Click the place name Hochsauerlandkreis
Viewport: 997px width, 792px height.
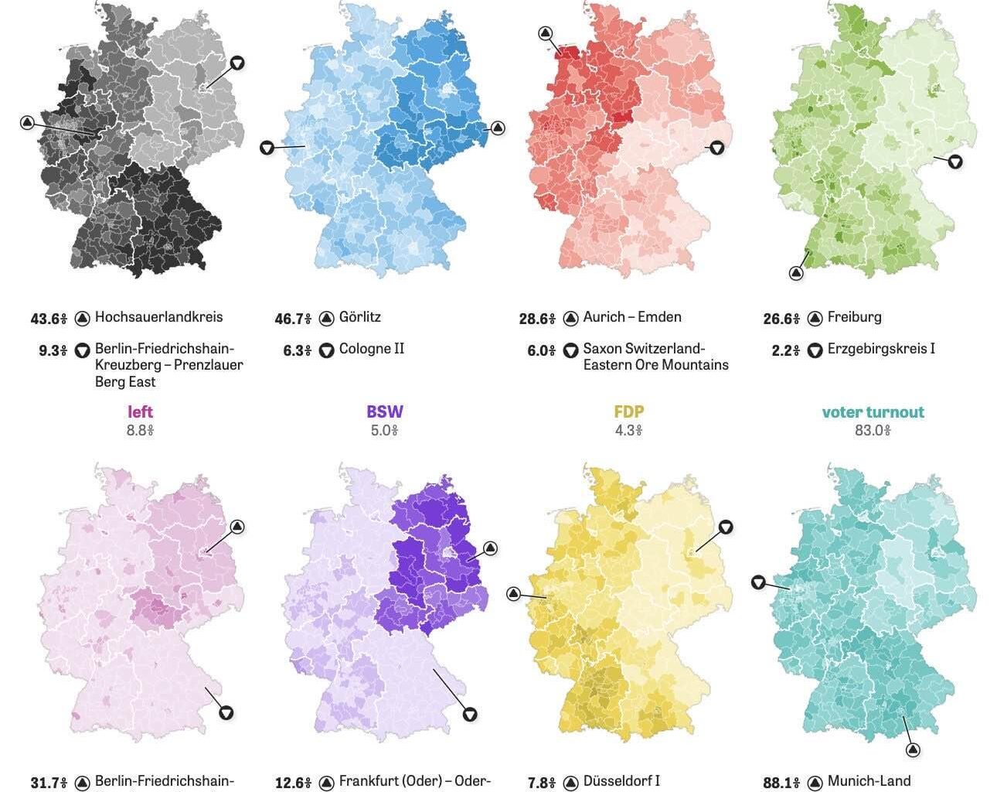pyautogui.click(x=158, y=317)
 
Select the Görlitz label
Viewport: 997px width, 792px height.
pyautogui.click(x=359, y=317)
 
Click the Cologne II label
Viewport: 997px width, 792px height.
pyautogui.click(x=371, y=349)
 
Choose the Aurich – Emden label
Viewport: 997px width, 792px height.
pyautogui.click(x=631, y=317)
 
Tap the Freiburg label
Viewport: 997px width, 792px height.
pyautogui.click(x=854, y=317)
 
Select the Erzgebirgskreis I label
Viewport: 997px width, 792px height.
pyautogui.click(x=881, y=349)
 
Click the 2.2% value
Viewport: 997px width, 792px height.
pyautogui.click(x=785, y=350)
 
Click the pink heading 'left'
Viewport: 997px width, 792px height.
pyautogui.click(x=140, y=412)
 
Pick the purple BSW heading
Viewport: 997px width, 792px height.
pyautogui.click(x=384, y=412)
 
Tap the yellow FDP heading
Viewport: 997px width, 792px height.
pyautogui.click(x=628, y=412)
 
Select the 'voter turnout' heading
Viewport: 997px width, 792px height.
pyautogui.click(x=873, y=412)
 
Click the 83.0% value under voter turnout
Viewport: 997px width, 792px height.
pyautogui.click(x=873, y=430)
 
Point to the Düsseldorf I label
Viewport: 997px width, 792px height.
pyautogui.click(x=621, y=781)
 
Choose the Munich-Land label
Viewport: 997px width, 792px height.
pyautogui.click(x=869, y=781)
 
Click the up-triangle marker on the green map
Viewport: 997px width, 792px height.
pyautogui.click(x=796, y=272)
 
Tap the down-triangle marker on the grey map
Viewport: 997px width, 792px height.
pyautogui.click(x=237, y=63)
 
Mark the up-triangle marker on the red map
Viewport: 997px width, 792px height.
pyautogui.click(x=545, y=33)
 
